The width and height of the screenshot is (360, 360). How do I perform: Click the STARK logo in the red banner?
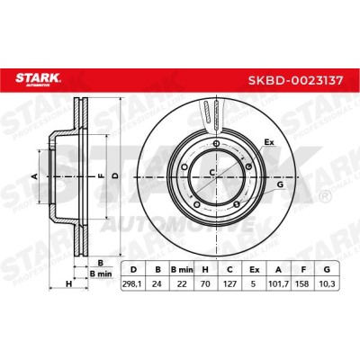click(x=38, y=79)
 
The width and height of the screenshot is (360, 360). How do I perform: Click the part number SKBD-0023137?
click(x=295, y=80)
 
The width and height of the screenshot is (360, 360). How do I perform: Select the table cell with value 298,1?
click(x=132, y=283)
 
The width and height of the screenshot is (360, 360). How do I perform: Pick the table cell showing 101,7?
click(x=278, y=283)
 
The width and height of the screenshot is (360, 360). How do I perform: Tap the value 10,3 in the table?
click(x=327, y=283)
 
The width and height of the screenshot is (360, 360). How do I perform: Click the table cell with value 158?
click(x=302, y=283)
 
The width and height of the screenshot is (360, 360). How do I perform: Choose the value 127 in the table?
click(x=229, y=283)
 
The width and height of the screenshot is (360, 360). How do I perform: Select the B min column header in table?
click(x=182, y=270)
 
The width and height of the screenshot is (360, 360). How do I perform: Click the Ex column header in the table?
click(x=254, y=270)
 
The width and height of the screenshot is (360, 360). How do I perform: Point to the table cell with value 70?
click(x=205, y=283)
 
